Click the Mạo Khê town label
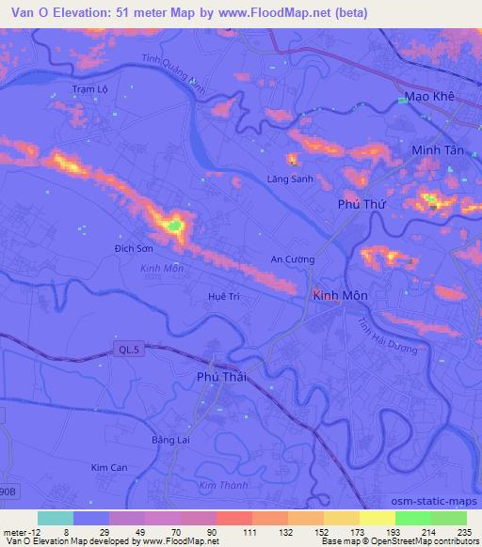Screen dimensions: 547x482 [428, 96]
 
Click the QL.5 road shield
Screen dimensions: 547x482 [131, 350]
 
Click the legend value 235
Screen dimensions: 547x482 [463, 533]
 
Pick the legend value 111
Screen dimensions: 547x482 [250, 533]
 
